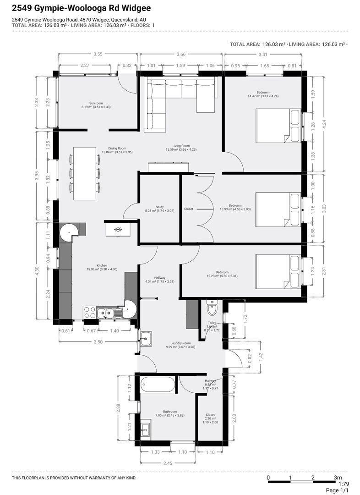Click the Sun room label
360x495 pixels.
click(96, 103)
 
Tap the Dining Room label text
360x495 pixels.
click(117, 148)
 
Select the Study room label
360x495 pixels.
click(160, 207)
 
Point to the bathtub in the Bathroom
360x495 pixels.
click(158, 384)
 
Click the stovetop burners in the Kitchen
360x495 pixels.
click(90, 312)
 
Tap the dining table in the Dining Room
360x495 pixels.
click(85, 173)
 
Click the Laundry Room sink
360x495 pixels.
click(146, 339)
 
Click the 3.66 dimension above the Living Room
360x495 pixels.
click(181, 54)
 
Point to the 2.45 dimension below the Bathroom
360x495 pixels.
click(168, 463)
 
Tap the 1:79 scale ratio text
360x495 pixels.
click(344, 484)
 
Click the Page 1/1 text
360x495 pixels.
click(337, 490)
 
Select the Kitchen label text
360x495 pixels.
click(102, 265)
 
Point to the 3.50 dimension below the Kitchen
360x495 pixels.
click(98, 342)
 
